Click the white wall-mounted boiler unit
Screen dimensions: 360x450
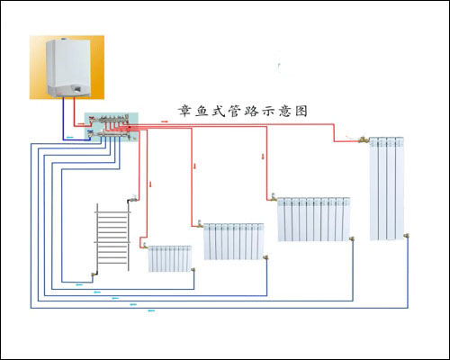[x=67, y=68]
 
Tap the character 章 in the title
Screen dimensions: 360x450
[x=184, y=112]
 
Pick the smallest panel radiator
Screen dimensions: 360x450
[x=170, y=258]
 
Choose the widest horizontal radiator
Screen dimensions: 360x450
[x=311, y=219]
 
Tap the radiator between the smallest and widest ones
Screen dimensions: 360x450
[x=233, y=240]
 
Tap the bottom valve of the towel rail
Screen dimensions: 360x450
[x=94, y=274]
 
